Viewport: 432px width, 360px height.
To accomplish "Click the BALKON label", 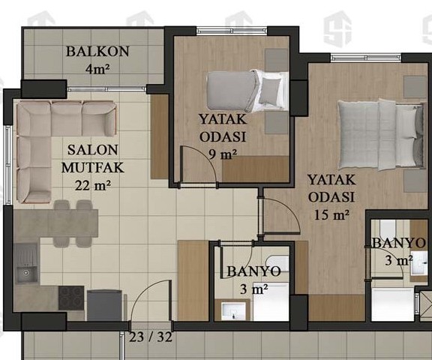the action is [97, 52].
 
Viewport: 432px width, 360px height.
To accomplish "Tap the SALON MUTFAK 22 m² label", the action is [93, 168].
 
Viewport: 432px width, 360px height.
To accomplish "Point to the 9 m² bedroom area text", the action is [223, 154].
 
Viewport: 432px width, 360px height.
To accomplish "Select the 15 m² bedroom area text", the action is [331, 214].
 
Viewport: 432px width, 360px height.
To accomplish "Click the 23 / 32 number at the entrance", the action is [151, 337].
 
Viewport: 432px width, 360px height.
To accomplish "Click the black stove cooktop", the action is [71, 298].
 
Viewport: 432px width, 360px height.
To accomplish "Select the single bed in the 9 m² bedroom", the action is [247, 91].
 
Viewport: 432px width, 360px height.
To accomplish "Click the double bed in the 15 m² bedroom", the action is [381, 134].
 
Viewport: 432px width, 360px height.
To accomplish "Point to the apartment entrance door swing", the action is [151, 301].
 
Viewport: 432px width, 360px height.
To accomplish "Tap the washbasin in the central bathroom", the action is [234, 311].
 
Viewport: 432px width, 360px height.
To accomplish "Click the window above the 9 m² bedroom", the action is [232, 31].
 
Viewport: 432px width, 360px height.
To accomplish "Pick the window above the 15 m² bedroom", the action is [365, 58].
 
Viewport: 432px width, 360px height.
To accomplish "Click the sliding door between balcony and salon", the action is [106, 88].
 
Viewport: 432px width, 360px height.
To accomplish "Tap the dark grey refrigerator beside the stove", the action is [105, 305].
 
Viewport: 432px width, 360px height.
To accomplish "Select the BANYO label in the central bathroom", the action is [253, 271].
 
